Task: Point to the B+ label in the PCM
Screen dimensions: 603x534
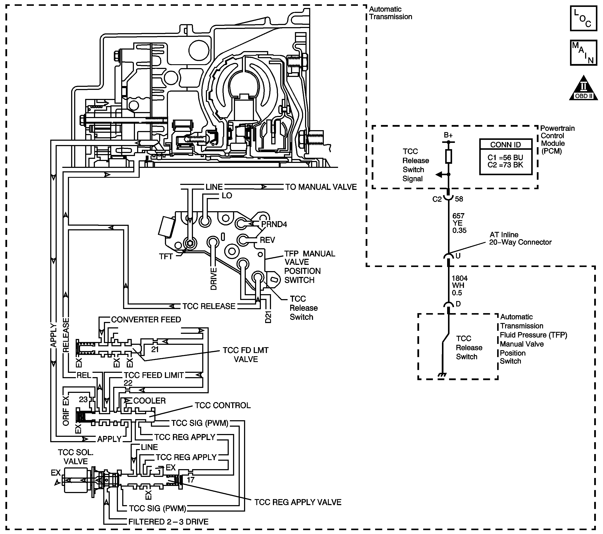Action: point(448,135)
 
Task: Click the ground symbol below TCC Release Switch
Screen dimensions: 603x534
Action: point(442,375)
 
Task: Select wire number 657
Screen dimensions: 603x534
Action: point(458,216)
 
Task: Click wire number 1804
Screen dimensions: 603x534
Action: point(460,278)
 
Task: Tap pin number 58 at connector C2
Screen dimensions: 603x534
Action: point(459,199)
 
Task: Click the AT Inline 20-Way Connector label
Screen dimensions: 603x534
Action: point(520,239)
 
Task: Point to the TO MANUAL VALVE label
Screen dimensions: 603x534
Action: point(321,187)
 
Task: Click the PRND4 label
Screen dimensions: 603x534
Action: point(274,224)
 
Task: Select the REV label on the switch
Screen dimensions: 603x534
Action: point(267,240)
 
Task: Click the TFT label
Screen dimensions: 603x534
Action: point(166,256)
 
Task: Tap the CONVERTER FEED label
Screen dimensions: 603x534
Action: point(146,320)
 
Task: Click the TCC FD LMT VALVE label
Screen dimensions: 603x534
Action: point(246,355)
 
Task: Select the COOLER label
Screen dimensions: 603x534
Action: point(149,401)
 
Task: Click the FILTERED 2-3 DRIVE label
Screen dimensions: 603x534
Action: point(168,522)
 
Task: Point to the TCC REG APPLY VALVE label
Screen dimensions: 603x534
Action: point(298,502)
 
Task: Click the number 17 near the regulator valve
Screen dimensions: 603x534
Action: point(191,480)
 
